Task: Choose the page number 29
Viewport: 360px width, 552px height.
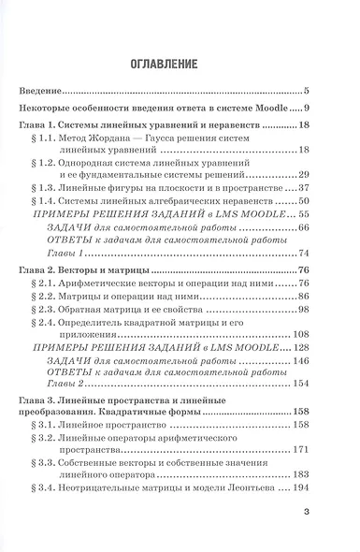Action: tap(302, 174)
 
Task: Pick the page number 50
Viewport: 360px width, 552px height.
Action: tap(302, 200)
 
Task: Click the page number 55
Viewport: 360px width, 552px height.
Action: tap(302, 214)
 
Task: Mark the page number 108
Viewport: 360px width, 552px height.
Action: tap(299, 334)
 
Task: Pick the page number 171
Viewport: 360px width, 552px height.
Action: tap(299, 449)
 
